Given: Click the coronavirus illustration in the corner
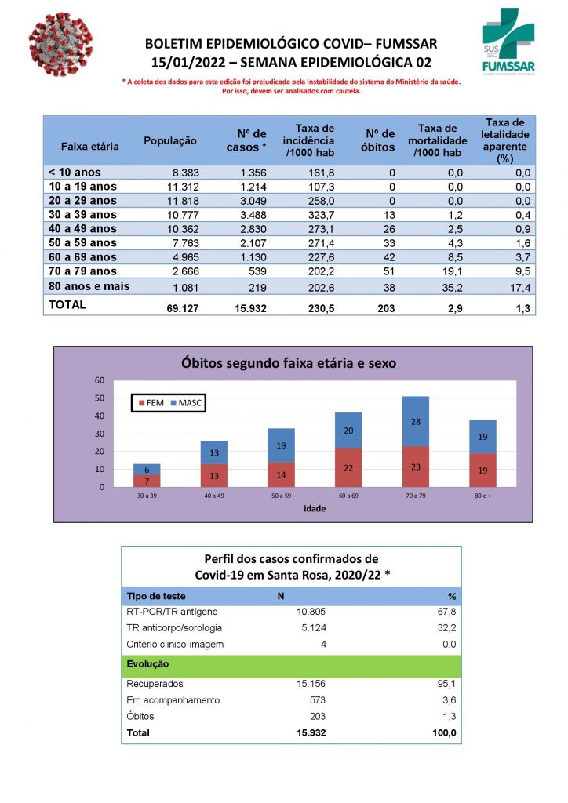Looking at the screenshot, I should [60, 44].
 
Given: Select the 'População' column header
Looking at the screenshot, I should [170, 140].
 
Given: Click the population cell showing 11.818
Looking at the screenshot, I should [181, 201].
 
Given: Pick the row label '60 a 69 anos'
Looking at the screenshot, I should [82, 257].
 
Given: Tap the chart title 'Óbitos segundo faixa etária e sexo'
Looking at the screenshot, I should [289, 363].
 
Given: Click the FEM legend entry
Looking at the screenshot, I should [151, 403].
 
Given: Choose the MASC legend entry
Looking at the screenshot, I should [185, 403].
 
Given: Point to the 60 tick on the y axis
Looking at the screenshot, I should [100, 380].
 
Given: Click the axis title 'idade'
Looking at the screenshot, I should [315, 509].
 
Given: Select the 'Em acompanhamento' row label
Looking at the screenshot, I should [173, 700].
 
